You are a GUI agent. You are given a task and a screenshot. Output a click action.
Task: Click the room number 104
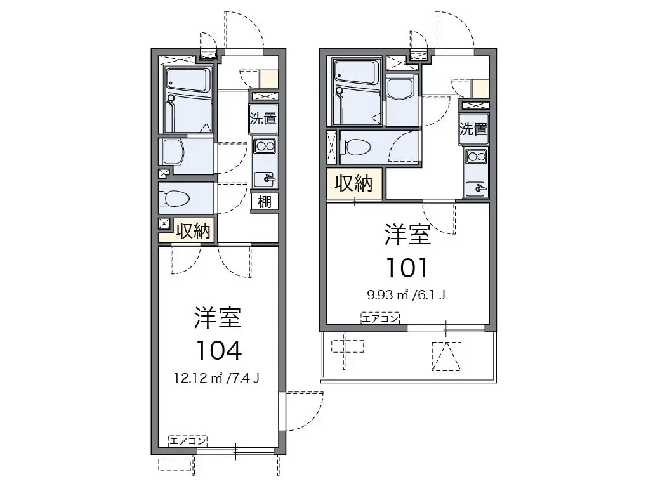pos(218,351)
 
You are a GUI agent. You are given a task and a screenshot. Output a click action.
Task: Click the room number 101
pos(407,267)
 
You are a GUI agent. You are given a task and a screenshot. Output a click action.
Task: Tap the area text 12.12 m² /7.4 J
pos(216,377)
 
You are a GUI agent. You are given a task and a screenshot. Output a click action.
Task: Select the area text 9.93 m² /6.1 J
pos(405,294)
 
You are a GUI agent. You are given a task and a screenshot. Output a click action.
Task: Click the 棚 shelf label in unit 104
pos(265,202)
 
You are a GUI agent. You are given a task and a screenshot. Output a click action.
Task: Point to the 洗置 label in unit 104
pos(263,119)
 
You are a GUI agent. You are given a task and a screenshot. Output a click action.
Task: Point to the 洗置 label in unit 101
pos(473,129)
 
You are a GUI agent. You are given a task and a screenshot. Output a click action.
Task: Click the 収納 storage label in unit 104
pos(193,231)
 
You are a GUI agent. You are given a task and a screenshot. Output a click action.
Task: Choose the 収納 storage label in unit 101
pos(354,183)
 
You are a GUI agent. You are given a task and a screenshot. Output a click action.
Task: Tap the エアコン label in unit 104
pos(187,441)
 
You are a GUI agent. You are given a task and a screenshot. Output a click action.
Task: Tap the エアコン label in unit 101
pos(381,318)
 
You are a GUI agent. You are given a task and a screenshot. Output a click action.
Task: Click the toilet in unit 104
pos(175,199)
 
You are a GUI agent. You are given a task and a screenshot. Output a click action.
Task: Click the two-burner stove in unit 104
pos(265,146)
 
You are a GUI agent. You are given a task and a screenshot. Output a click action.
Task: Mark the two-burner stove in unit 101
pos(477,157)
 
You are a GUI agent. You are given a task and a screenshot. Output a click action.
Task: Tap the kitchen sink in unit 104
pos(265,179)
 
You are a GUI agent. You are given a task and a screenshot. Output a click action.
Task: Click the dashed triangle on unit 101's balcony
pos(447,357)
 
